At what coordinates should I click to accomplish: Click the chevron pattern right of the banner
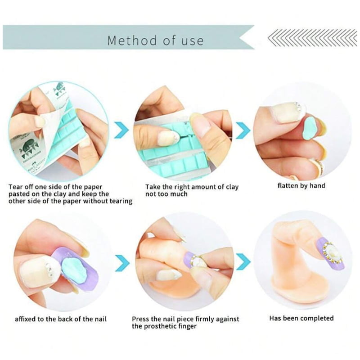pos(312,38)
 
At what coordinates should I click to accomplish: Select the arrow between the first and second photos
pos(121,130)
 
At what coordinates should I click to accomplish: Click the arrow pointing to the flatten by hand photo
pos(243,130)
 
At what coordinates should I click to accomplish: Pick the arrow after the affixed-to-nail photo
pos(122,263)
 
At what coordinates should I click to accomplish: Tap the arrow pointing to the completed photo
pos(243,261)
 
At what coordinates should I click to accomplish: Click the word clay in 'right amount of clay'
pos(232,187)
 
